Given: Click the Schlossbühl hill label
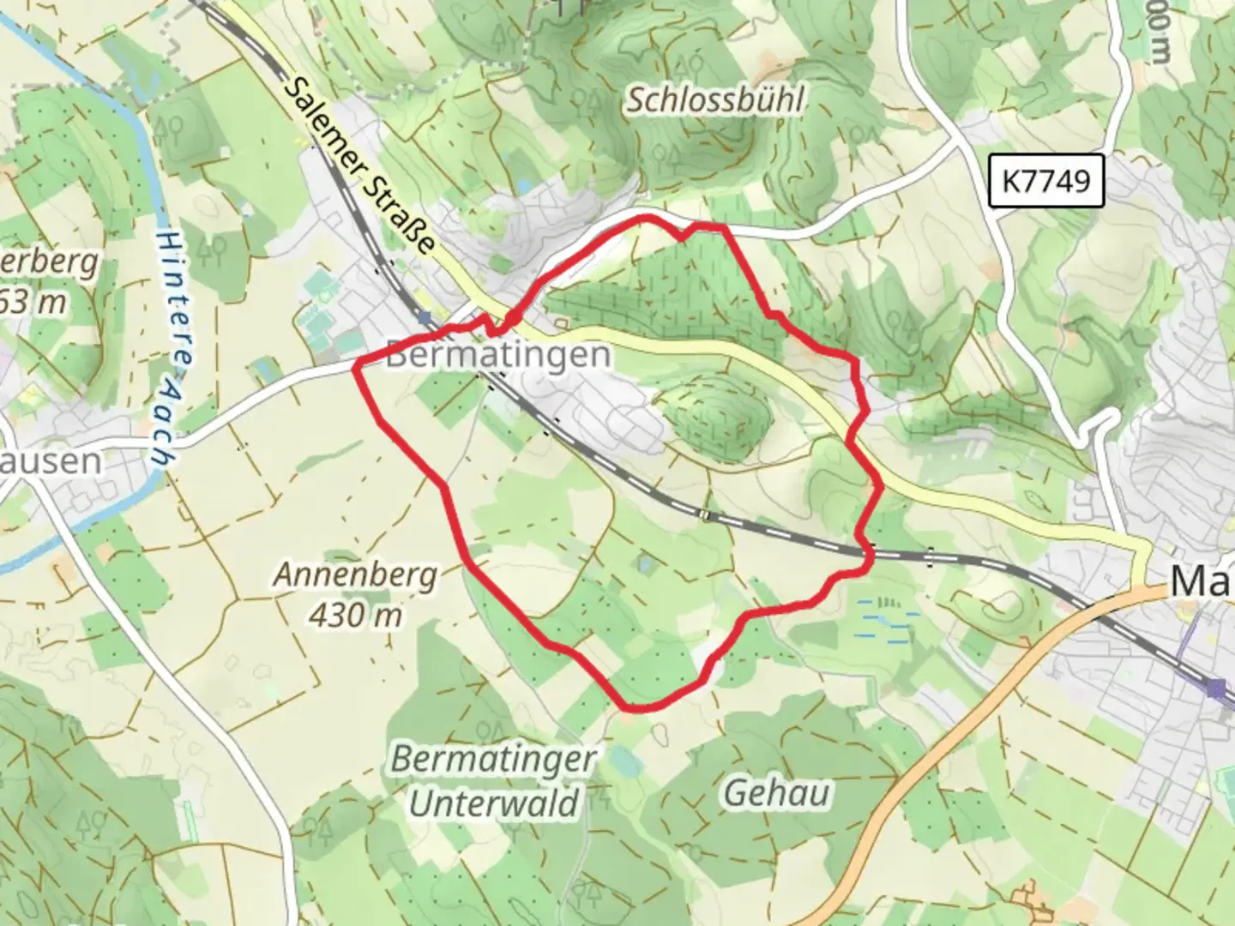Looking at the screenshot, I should tap(714, 100).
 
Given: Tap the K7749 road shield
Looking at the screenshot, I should tap(1045, 181).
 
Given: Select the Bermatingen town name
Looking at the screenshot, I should tap(498, 354).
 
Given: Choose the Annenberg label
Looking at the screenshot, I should tap(355, 574).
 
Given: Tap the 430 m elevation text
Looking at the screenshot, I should tap(355, 614).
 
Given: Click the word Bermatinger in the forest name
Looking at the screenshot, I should tap(493, 760).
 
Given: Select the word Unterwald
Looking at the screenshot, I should tap(495, 803).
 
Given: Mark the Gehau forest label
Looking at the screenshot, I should tap(777, 794).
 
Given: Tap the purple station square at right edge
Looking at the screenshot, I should tap(1214, 687).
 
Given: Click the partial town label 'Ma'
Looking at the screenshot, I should tap(1201, 581).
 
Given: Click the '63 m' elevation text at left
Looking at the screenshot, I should tap(34, 301).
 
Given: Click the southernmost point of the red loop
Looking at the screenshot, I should tap(639, 708).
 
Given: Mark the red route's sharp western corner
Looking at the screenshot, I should tap(354, 366).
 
